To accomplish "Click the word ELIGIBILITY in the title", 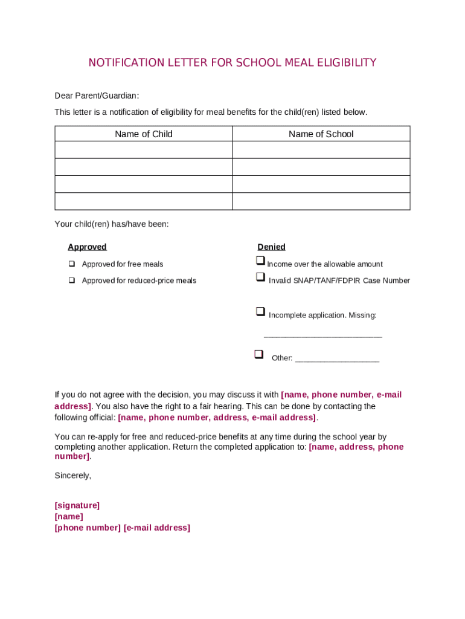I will tap(344, 63).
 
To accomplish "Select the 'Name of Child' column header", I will tap(144, 134).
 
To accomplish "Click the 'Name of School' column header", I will tap(321, 134).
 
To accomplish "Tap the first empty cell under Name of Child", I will tap(144, 150).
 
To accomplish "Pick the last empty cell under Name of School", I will tap(321, 201).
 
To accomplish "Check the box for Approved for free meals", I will tap(72, 264).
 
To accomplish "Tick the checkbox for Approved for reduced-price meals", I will tap(72, 280).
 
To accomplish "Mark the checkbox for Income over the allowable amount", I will tap(260, 261).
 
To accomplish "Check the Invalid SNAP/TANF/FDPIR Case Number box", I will tap(260, 277).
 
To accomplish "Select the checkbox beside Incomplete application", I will tap(260, 311).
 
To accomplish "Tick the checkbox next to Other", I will tap(258, 354).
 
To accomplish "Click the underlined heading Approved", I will tap(87, 247).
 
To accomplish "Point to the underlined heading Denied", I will tap(271, 247).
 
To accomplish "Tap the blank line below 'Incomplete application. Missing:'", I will tap(323, 335).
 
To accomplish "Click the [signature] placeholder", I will tap(77, 505).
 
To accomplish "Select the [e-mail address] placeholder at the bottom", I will tap(157, 528).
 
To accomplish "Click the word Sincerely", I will tap(72, 476).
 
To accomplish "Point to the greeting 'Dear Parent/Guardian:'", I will tap(97, 96).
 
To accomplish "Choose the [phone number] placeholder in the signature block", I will tap(88, 528).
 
